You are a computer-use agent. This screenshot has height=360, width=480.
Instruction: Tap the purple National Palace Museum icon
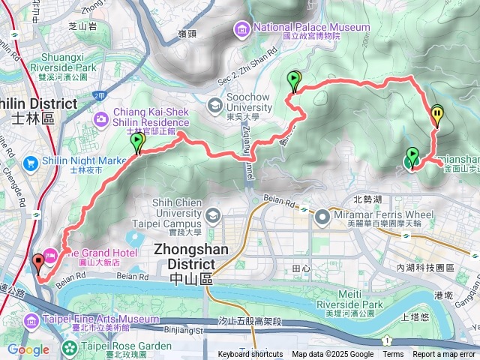point(243,29)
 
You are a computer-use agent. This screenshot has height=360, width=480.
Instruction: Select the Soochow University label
point(254,104)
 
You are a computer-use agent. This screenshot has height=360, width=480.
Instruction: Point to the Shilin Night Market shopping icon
point(31,163)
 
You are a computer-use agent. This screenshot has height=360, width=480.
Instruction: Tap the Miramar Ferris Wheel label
point(383,216)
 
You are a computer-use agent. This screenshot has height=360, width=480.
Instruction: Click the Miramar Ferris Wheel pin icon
point(322,218)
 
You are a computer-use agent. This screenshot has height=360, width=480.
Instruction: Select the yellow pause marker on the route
point(437,114)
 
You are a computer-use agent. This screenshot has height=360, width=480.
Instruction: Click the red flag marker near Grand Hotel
point(38,262)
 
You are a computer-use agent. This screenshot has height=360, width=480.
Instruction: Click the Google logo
point(28,349)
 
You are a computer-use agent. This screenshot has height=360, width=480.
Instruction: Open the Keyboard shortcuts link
point(250,355)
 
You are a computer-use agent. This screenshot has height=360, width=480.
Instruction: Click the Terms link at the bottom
point(393,355)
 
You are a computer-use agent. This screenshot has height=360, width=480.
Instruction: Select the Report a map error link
point(445,355)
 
